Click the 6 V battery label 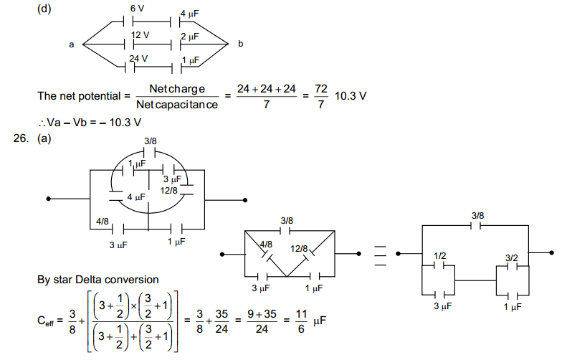138,8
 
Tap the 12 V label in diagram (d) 140,35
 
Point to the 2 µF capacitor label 189,36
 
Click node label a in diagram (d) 72,44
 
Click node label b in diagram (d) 240,44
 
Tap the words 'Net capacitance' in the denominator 177,105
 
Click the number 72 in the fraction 321,87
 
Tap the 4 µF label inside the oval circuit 135,196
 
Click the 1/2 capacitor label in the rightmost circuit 439,257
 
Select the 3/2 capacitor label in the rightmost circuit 511,257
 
